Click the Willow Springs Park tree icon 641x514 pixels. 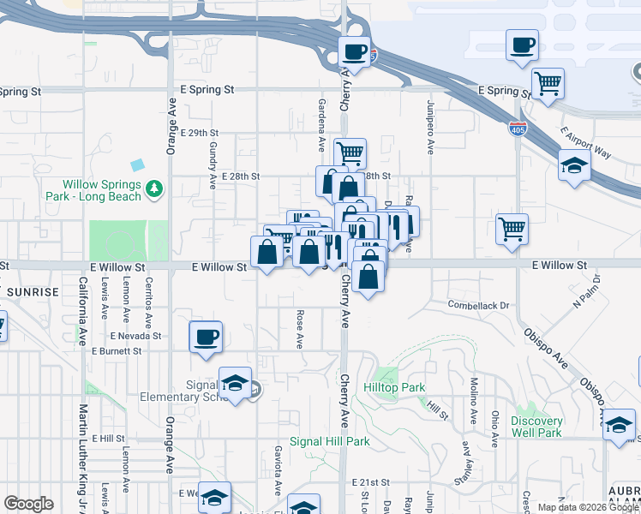tap(154, 188)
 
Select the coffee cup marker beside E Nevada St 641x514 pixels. tap(206, 337)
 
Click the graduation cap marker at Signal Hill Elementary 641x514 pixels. tap(235, 383)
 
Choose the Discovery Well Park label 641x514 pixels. tap(536, 427)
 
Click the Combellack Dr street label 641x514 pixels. tap(478, 305)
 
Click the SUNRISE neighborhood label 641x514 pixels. tap(33, 292)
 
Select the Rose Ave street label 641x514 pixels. tap(300, 330)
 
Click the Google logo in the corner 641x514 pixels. tap(28, 504)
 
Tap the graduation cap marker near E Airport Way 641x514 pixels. tap(574, 165)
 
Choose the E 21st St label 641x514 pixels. tap(369, 483)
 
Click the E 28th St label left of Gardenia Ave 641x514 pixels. tap(240, 176)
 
